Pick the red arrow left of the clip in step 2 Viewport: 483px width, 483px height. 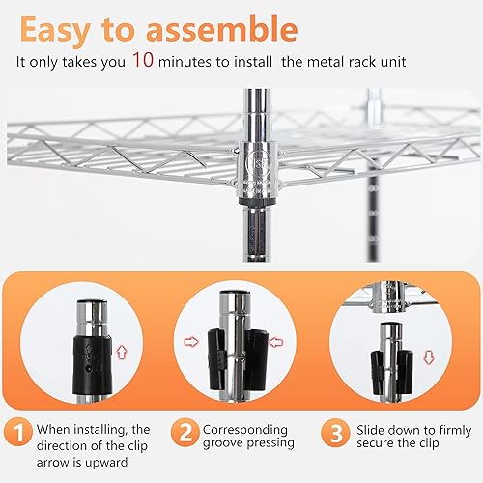tap(191, 340)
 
